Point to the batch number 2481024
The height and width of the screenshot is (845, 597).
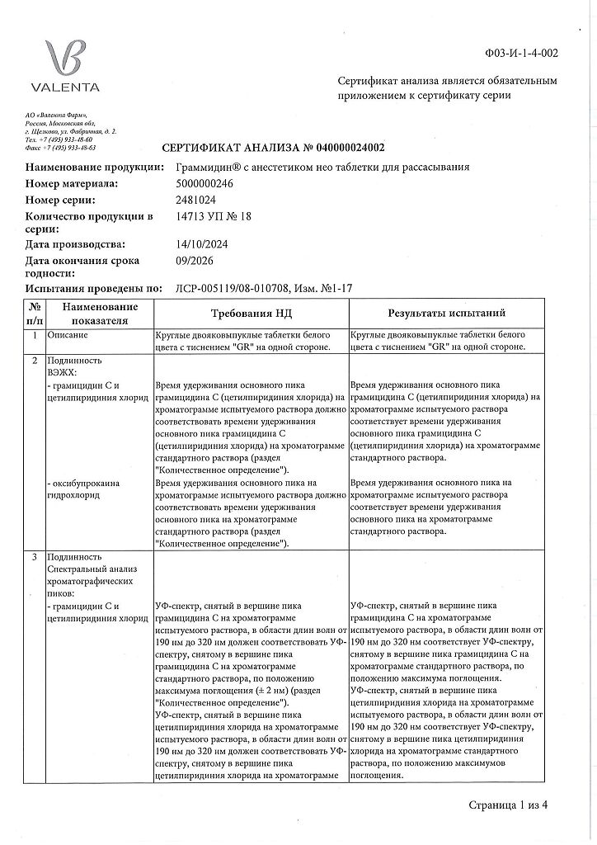pos(194,200)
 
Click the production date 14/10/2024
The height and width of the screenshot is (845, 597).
pos(202,244)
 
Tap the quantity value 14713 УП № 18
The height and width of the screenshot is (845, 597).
pos(213,217)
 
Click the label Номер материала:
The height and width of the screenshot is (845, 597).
pos(73,183)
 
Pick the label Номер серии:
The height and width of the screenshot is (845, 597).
pos(61,200)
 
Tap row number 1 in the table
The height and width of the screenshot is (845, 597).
pos(34,336)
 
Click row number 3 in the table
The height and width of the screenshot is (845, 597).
pos(34,558)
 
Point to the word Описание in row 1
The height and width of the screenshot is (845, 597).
pos(68,336)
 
